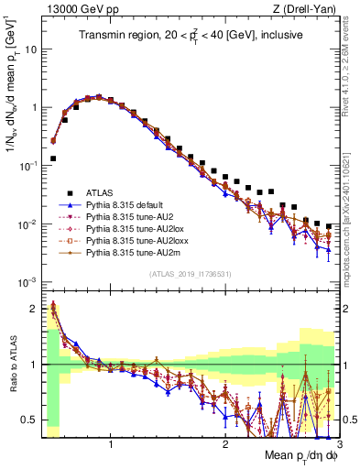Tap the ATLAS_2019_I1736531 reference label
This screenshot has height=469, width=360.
tap(191, 274)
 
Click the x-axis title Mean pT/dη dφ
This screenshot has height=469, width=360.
tap(293, 455)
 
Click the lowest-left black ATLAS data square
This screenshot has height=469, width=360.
tap(53, 158)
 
